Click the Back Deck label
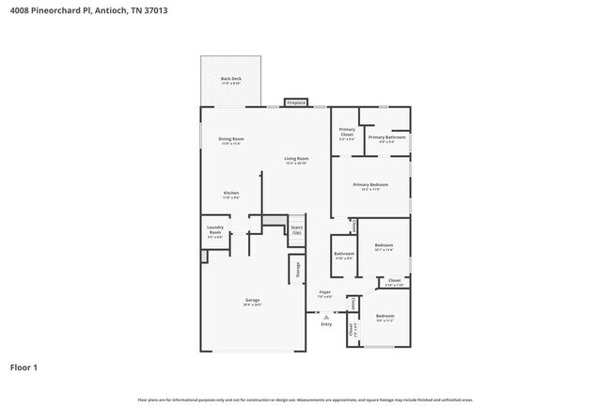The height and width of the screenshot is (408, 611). coord(230,80)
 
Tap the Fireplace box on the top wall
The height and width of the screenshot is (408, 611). coord(297,102)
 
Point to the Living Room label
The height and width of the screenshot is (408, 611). coord(297,160)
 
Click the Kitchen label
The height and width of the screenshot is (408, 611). coord(230,195)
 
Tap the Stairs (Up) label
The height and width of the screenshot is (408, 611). coord(296,228)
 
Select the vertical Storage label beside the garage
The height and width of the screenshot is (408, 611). coord(299,269)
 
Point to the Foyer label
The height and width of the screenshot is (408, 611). coord(324,293)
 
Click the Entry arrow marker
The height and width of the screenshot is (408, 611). coord(325,317)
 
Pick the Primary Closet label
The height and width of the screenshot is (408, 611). coord(346,133)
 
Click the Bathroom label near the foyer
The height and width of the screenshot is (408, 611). coord(343,254)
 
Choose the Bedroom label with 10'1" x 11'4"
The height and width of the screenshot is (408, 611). coord(384,248)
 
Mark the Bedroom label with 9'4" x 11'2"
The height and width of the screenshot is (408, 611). coord(385,317)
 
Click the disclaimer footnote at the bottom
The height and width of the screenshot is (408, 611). coord(305,400)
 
